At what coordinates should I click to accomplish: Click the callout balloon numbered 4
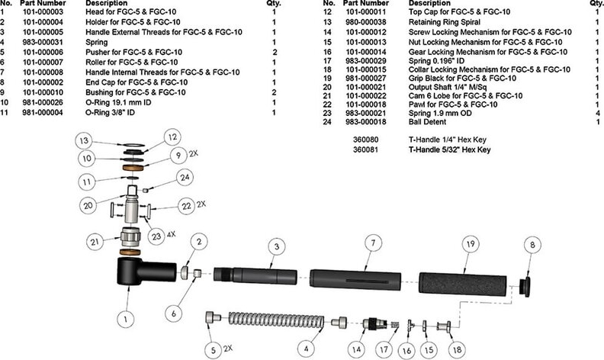(x=307, y=349)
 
